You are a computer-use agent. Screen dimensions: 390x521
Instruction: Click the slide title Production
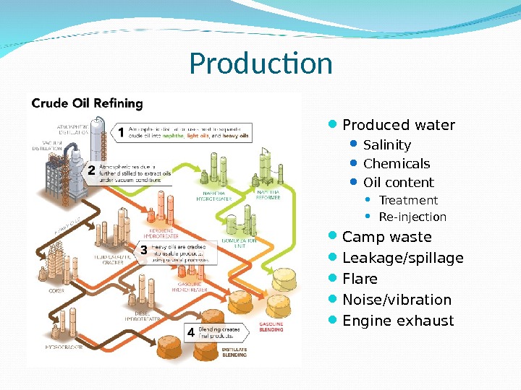pos(260,64)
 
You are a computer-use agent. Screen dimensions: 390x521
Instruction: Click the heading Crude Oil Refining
pos(87,104)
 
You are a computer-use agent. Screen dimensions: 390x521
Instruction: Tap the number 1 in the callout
pos(121,132)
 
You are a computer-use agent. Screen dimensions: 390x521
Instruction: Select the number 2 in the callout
pos(91,172)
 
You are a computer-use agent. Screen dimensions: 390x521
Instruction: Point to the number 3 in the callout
pos(143,250)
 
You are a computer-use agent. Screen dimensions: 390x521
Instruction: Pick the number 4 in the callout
pos(190,333)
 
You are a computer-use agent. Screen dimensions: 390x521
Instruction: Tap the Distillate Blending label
pos(234,352)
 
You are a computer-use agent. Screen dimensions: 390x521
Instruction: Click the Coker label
pos(56,291)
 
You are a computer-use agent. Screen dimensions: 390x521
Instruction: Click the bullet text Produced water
pos(399,126)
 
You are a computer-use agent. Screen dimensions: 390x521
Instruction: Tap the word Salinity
pos(386,145)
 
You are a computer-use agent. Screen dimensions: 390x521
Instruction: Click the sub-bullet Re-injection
pos(412,217)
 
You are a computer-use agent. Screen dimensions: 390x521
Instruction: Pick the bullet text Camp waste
pos(386,238)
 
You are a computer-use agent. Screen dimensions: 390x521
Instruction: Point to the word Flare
pos(360,279)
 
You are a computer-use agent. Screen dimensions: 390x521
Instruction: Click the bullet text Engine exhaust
pos(398,321)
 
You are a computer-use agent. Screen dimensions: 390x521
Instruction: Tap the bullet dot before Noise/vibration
pos(335,299)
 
